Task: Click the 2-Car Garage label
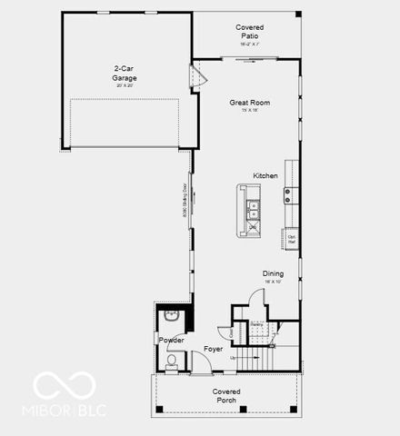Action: coord(125,74)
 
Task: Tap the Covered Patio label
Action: coord(249,32)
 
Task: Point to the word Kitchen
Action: coord(265,175)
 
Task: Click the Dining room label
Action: coord(273,273)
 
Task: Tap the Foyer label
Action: coord(214,349)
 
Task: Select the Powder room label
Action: coord(171,341)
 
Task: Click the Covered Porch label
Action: coord(226,395)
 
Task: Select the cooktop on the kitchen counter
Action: coord(289,192)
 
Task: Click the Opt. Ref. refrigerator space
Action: coord(292,242)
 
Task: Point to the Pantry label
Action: coord(257,324)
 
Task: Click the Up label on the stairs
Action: coord(233,357)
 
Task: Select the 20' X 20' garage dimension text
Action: coord(125,85)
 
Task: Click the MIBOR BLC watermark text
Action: coord(68,410)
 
